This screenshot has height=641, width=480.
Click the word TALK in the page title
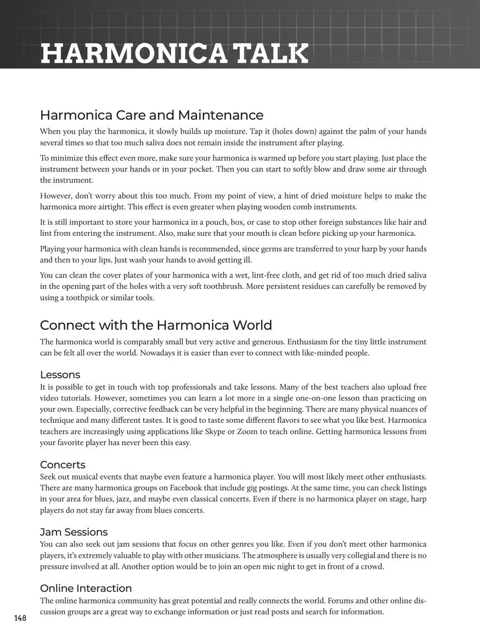271,53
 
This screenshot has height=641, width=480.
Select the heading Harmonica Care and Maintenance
151,115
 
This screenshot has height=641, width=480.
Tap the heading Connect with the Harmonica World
156,325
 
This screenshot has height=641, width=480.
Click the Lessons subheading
60,374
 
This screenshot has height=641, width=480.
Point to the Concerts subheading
63,465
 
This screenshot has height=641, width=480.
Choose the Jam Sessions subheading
74,532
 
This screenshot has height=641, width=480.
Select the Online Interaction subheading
86,588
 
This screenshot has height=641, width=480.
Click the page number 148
21,618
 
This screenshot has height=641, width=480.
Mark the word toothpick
97,298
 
